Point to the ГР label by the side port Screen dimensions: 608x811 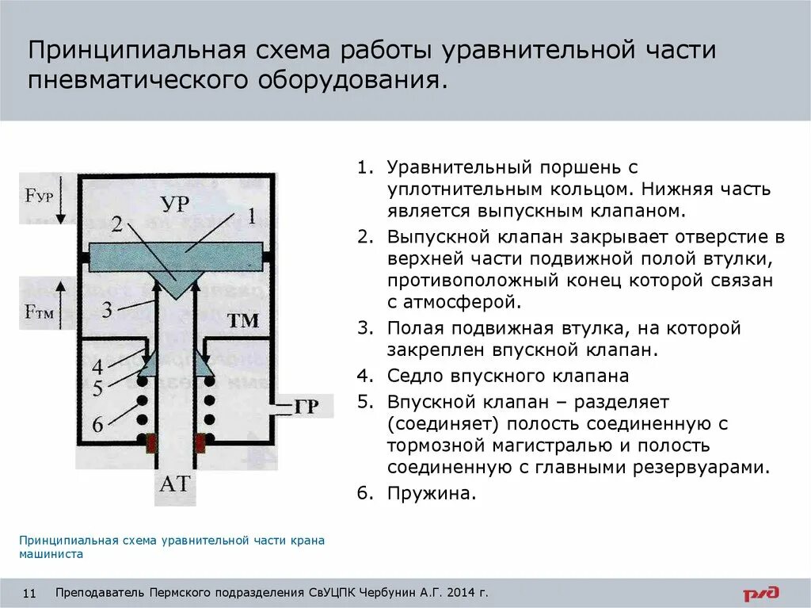point(307,407)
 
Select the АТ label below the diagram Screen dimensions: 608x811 point(175,483)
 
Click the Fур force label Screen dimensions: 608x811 point(38,195)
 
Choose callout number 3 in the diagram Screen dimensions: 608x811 point(107,310)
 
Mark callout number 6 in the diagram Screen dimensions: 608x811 point(97,426)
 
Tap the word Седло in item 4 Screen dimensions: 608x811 point(413,375)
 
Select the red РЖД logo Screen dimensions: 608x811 point(761,593)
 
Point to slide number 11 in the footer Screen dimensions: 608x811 point(32,593)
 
